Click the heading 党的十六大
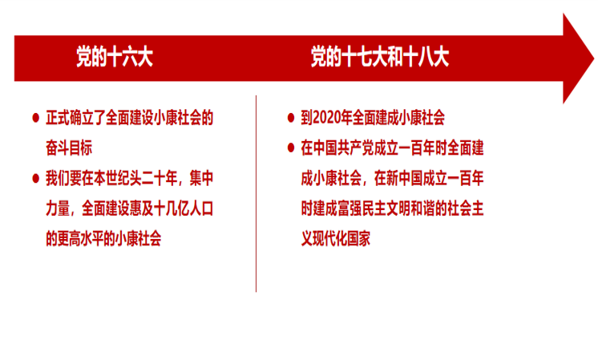pyautogui.click(x=115, y=57)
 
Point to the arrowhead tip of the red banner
pyautogui.click(x=594, y=59)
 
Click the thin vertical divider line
pyautogui.click(x=256, y=194)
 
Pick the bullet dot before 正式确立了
pyautogui.click(x=36, y=118)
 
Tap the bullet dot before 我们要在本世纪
pyautogui.click(x=36, y=179)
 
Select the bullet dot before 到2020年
pyautogui.click(x=291, y=118)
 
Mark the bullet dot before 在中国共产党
pyautogui.click(x=291, y=148)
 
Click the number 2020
pyautogui.click(x=326, y=118)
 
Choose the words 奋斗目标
pyautogui.click(x=69, y=148)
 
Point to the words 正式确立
pyautogui.click(x=70, y=118)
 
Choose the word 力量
pyautogui.click(x=58, y=208)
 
